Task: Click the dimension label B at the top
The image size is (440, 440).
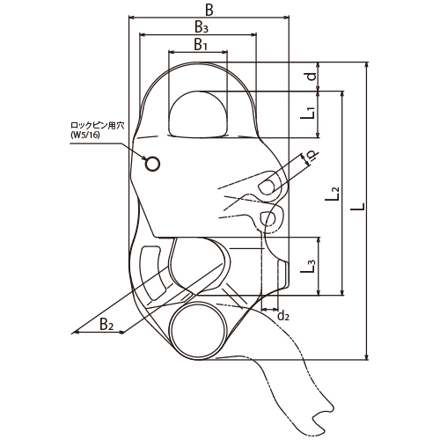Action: (x=209, y=11)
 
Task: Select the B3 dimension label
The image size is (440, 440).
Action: (x=202, y=27)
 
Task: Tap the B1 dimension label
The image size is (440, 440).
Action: (x=201, y=45)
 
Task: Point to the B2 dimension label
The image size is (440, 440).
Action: (x=106, y=325)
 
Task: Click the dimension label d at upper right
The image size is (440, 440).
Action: (x=312, y=77)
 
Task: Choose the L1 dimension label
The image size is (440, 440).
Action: (x=312, y=113)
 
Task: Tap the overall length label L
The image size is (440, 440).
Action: (x=358, y=206)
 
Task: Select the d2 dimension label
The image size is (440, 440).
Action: (x=283, y=316)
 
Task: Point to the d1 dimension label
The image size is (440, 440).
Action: (x=312, y=155)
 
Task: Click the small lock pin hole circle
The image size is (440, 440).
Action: (x=152, y=164)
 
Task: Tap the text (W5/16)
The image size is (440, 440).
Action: (x=85, y=136)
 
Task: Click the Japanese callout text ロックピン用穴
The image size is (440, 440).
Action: (x=98, y=126)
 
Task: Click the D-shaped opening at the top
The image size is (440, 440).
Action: (x=198, y=114)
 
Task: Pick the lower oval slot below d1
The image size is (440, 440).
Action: (x=268, y=218)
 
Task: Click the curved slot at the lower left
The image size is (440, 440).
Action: (x=152, y=271)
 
